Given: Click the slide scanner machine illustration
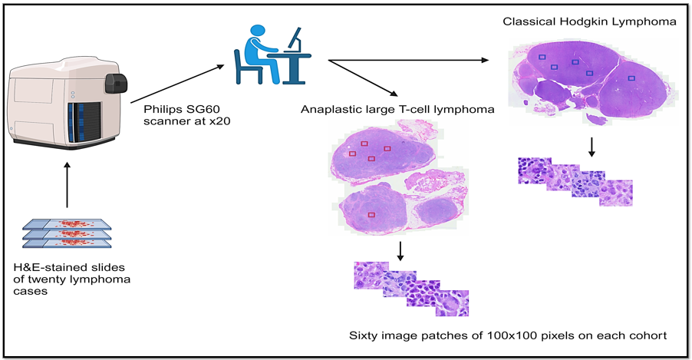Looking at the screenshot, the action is coord(68,103).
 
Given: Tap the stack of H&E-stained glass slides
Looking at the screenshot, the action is coord(67,234).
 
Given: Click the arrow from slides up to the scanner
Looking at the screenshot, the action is coord(67,185).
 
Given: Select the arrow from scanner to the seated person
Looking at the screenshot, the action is coord(177,84).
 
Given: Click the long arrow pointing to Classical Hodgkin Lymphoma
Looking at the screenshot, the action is coord(408,60).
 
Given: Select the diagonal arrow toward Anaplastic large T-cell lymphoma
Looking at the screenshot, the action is coord(363,78).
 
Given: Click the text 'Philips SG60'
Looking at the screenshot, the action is coord(181,109).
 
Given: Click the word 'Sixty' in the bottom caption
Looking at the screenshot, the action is coord(361,335).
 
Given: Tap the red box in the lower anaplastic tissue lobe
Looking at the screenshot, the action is coord(371,215).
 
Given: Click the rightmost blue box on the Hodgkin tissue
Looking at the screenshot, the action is coord(631,78).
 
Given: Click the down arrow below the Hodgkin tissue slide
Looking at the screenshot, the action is coord(591,147).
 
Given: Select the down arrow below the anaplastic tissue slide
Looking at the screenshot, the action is coord(400,251).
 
